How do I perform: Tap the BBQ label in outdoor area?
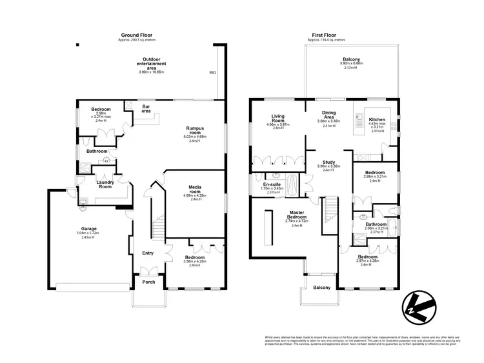click(x=213, y=73)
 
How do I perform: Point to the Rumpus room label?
click(x=196, y=128)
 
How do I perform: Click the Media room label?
click(x=196, y=189)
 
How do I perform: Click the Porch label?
click(x=148, y=281)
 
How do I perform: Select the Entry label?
click(x=148, y=253)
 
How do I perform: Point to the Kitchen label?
click(x=377, y=120)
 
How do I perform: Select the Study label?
click(x=328, y=162)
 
